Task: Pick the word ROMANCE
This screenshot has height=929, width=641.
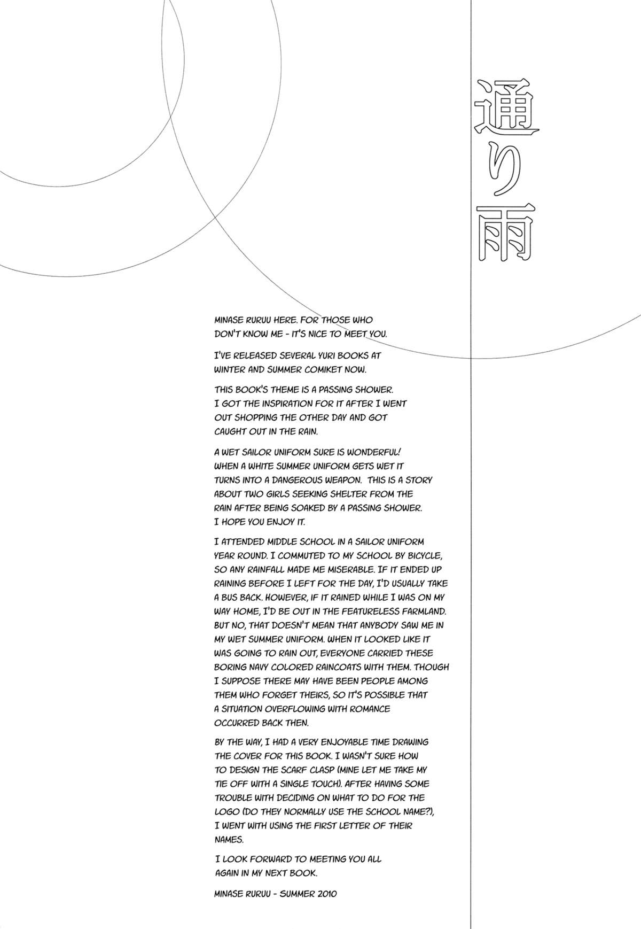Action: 366,709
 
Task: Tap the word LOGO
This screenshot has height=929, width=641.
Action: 226,812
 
